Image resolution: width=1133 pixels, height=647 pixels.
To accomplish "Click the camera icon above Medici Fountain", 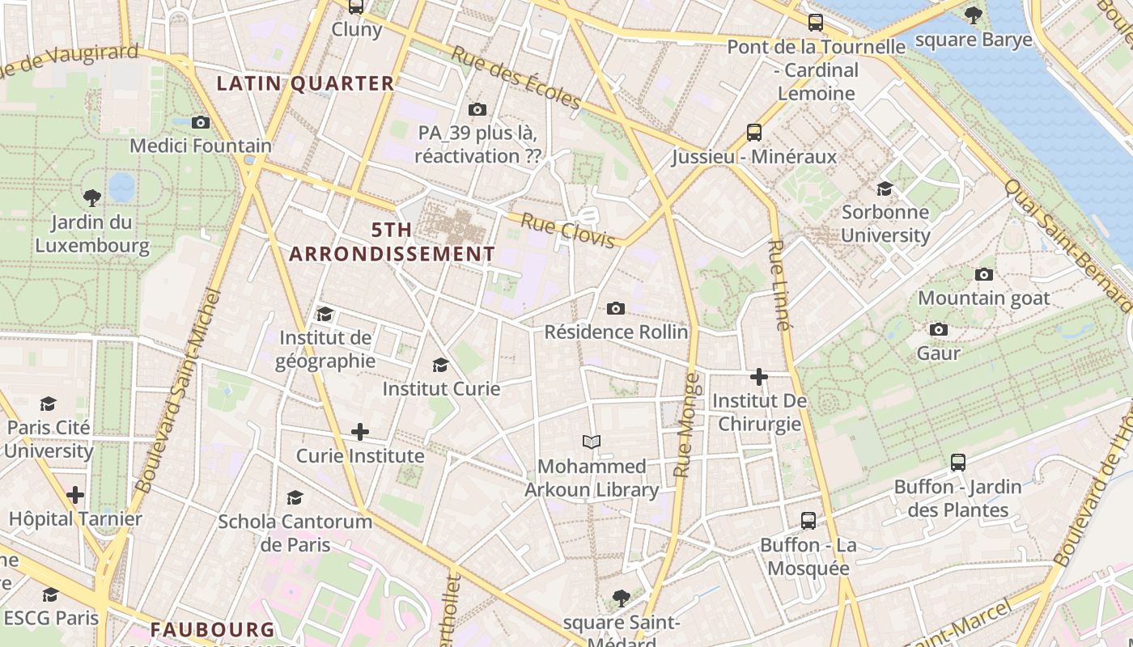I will point(201,122).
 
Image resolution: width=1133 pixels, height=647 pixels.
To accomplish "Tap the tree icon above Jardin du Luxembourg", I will point(92,197).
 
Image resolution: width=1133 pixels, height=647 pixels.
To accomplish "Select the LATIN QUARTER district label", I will point(306,83).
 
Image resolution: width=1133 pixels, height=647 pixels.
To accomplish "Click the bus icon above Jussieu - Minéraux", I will point(754,132).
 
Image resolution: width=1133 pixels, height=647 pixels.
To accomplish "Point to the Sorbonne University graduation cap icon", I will point(885,188).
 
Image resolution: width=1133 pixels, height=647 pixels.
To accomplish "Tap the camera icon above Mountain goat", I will point(984,274).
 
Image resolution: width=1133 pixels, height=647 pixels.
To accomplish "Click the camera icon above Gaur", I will point(939,329).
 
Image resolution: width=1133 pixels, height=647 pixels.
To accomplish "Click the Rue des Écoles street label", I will point(516,78).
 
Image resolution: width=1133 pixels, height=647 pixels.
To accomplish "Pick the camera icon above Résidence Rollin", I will point(616,308).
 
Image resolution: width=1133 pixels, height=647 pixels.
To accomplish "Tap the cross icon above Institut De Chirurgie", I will point(759,377).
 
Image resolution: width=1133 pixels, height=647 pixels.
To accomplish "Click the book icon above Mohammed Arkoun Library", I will point(592,442).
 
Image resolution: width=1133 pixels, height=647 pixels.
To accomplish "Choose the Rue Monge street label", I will point(686,425).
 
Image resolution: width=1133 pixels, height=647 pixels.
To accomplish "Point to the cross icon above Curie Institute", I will point(360,432).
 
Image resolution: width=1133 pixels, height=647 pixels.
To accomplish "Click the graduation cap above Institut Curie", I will point(441,365).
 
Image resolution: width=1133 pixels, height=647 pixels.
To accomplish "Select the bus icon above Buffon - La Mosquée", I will point(808,520).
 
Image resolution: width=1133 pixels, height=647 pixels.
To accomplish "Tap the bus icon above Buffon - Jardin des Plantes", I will point(958,463).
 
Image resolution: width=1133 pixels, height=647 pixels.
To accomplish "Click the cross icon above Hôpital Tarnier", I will point(75,494).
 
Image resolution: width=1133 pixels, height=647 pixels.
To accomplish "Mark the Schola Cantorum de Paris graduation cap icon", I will point(295,497).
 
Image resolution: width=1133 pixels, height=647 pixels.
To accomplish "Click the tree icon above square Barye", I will point(974,15).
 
